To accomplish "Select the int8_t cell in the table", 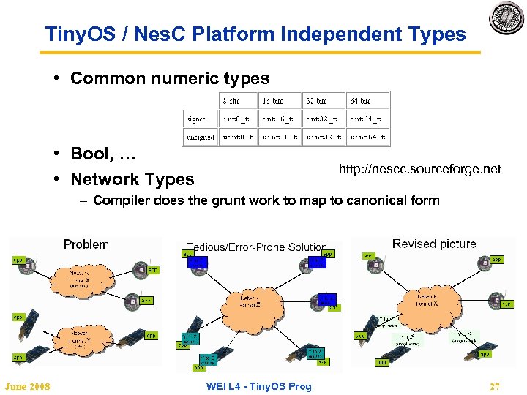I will pyautogui.click(x=238, y=118).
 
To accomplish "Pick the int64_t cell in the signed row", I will pyautogui.click(x=366, y=118).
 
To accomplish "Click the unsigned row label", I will pyautogui.click(x=200, y=136).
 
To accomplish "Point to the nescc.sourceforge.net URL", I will pyautogui.click(x=419, y=169).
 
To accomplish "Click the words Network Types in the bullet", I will pyautogui.click(x=132, y=179).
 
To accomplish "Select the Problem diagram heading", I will pyautogui.click(x=86, y=244).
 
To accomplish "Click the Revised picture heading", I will pyautogui.click(x=434, y=244).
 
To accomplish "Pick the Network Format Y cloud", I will pyautogui.click(x=78, y=337).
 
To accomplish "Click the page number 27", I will pyautogui.click(x=496, y=386).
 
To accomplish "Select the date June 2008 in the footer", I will pyautogui.click(x=27, y=386).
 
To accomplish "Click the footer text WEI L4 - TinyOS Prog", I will pyautogui.click(x=258, y=386).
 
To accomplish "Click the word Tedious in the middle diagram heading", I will pyautogui.click(x=207, y=247).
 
